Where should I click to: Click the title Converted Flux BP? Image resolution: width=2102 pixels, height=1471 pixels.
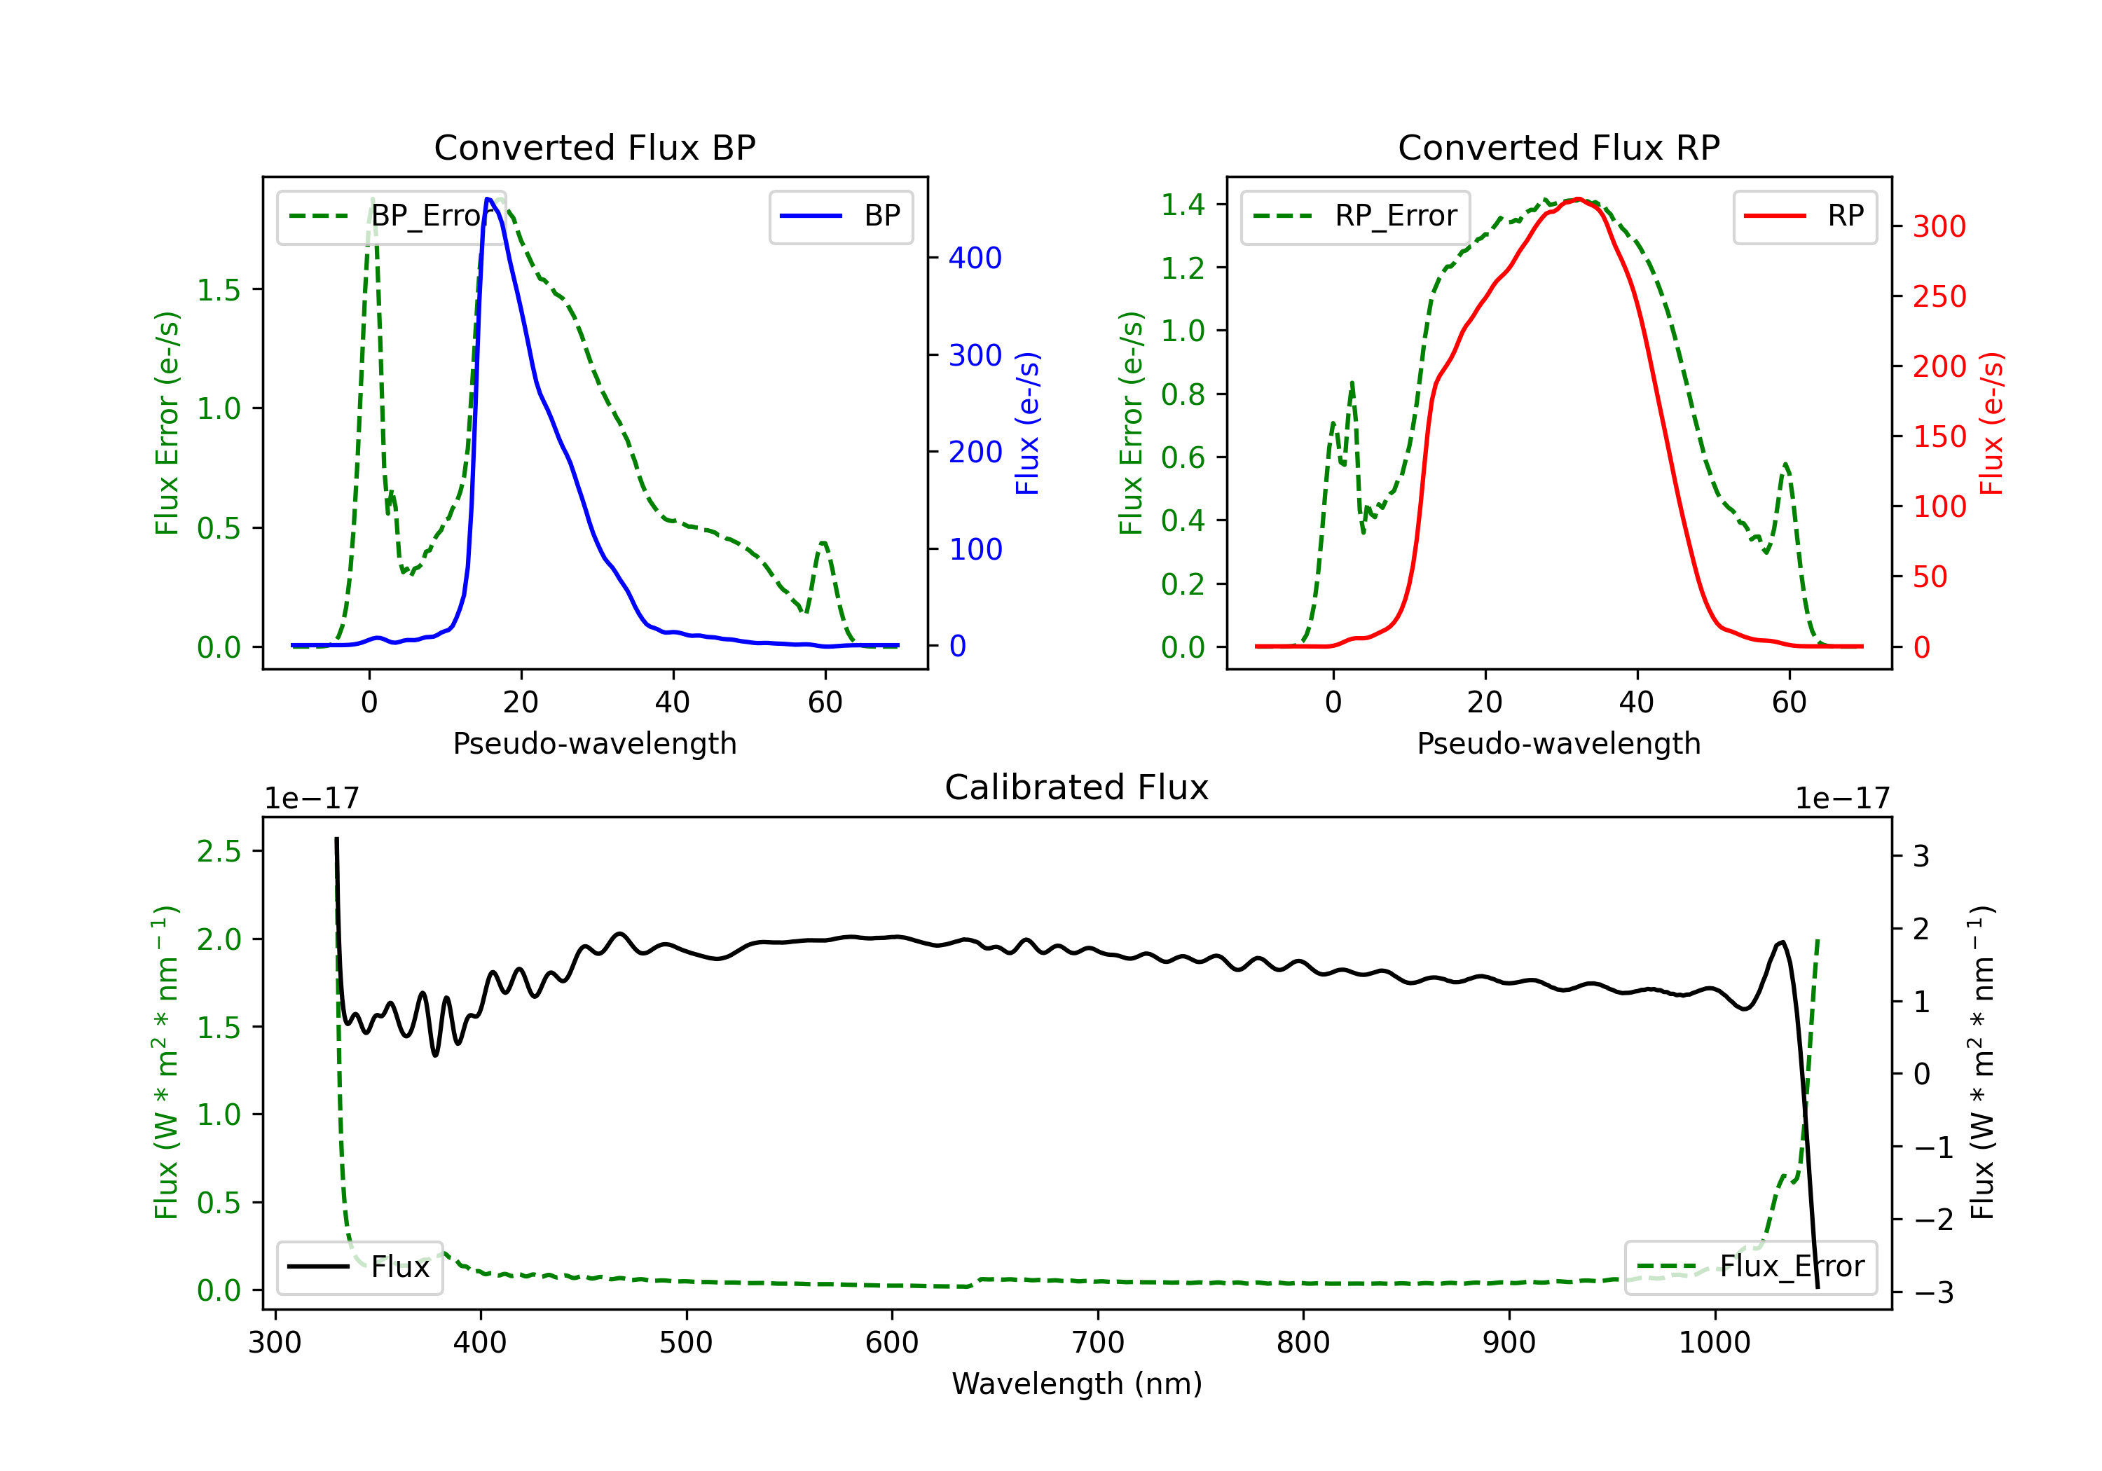(594, 147)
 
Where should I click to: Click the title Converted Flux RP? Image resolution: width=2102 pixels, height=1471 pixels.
(1558, 147)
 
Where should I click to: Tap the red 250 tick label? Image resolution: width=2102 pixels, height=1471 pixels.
(1939, 296)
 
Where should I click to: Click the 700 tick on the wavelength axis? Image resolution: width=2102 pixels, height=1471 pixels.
(1098, 1343)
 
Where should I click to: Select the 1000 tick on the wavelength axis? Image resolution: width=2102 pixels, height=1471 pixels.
(1714, 1343)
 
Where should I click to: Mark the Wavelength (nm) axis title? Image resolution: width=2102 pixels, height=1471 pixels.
(1077, 1383)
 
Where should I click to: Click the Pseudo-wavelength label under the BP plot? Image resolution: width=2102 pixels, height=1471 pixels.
(594, 743)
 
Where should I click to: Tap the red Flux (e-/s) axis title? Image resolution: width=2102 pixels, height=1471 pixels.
(1991, 423)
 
